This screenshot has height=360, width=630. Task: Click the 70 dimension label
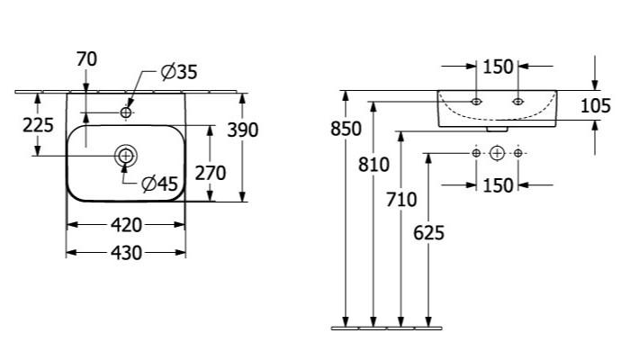(x=86, y=59)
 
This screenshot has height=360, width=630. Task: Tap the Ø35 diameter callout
(x=179, y=72)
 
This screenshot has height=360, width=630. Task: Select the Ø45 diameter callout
(x=159, y=184)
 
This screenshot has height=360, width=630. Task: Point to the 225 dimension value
(x=38, y=125)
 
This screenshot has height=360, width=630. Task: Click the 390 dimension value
(x=243, y=130)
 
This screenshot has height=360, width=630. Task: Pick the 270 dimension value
(x=211, y=173)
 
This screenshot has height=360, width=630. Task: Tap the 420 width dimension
(x=126, y=225)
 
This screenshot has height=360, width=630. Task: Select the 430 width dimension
(x=126, y=253)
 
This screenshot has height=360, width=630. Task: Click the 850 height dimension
(x=346, y=129)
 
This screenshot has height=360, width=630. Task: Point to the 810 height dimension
(x=373, y=165)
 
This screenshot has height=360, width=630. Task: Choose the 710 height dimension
(x=401, y=200)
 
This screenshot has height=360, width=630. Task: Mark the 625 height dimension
(x=428, y=233)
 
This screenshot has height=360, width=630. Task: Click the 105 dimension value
(x=596, y=106)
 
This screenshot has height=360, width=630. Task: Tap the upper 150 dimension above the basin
(x=498, y=67)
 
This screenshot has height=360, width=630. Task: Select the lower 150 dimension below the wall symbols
(x=498, y=185)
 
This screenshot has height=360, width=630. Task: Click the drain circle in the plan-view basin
(x=126, y=156)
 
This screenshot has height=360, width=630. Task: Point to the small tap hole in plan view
(x=126, y=112)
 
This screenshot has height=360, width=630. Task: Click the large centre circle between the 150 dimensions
(x=497, y=153)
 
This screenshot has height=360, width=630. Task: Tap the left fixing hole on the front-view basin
(x=476, y=102)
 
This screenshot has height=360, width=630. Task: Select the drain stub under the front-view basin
(x=497, y=130)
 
